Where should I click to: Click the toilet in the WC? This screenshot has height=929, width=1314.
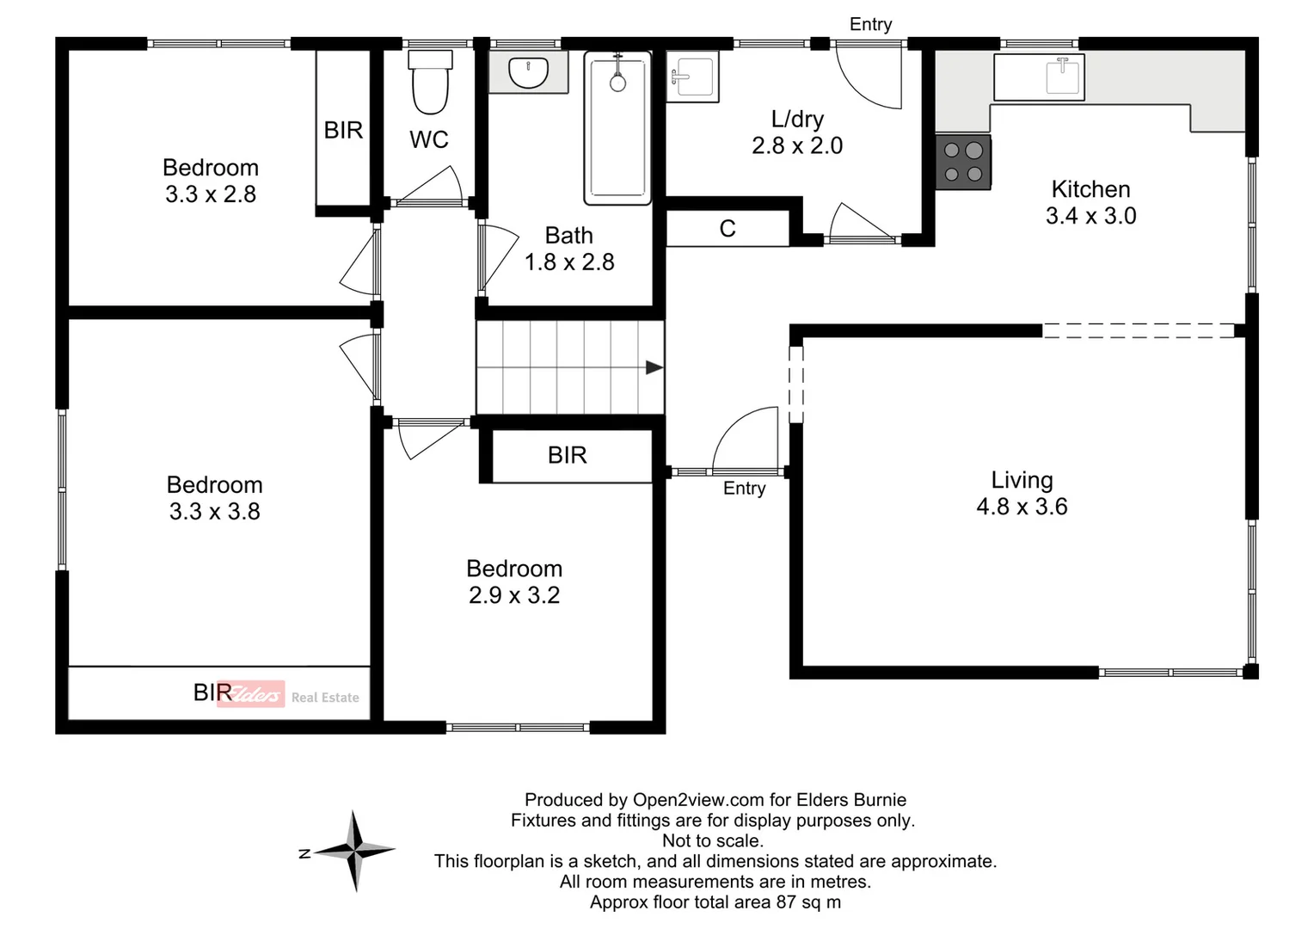pyautogui.click(x=430, y=83)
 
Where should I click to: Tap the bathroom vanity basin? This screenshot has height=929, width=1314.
pyautogui.click(x=528, y=72)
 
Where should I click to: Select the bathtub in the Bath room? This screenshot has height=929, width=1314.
pyautogui.click(x=617, y=128)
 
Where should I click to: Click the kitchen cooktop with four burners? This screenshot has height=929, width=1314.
pyautogui.click(x=963, y=162)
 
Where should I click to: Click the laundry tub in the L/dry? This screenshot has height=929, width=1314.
pyautogui.click(x=692, y=77)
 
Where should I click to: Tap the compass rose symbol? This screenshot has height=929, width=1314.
pyautogui.click(x=355, y=851)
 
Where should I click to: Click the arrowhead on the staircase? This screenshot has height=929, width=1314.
pyautogui.click(x=654, y=368)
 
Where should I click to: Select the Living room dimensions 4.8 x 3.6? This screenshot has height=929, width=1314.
pyautogui.click(x=1022, y=507)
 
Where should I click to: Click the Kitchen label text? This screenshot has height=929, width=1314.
pyautogui.click(x=1090, y=189)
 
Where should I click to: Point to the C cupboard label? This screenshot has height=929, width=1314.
pyautogui.click(x=728, y=229)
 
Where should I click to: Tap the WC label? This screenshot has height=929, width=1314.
pyautogui.click(x=429, y=139)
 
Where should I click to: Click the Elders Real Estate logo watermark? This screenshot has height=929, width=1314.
pyautogui.click(x=288, y=695)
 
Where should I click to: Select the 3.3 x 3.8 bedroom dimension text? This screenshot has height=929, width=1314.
pyautogui.click(x=214, y=512)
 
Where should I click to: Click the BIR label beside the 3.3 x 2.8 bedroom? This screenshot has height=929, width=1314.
pyautogui.click(x=343, y=130)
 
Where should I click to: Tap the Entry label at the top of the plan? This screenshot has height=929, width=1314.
pyautogui.click(x=870, y=24)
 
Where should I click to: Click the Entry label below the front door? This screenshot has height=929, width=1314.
pyautogui.click(x=744, y=489)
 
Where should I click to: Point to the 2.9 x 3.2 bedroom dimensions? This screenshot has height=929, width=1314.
pyautogui.click(x=514, y=595)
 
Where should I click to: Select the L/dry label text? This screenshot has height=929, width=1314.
pyautogui.click(x=797, y=119)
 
